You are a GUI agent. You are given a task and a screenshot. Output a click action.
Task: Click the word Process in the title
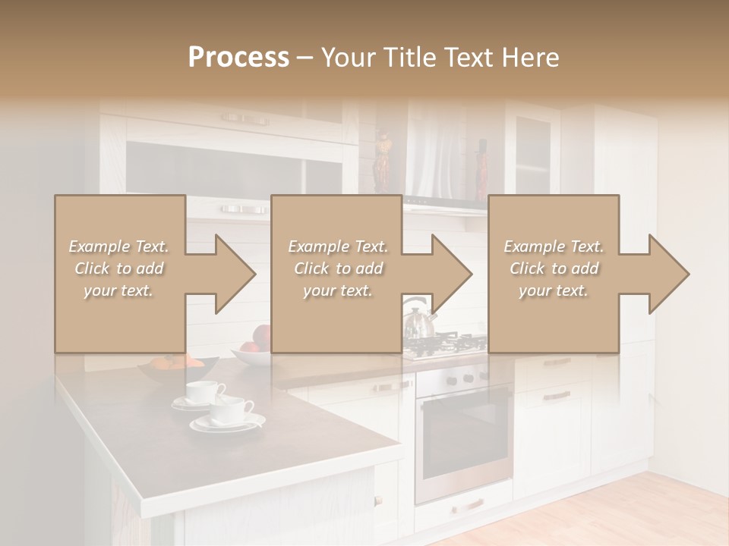(238, 58)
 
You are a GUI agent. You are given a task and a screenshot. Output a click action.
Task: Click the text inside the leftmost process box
(119, 268)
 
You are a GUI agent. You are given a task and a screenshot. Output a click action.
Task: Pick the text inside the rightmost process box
(554, 268)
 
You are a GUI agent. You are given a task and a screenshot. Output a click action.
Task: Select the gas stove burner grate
(445, 345)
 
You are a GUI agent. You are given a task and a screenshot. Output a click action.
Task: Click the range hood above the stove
(444, 205)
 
